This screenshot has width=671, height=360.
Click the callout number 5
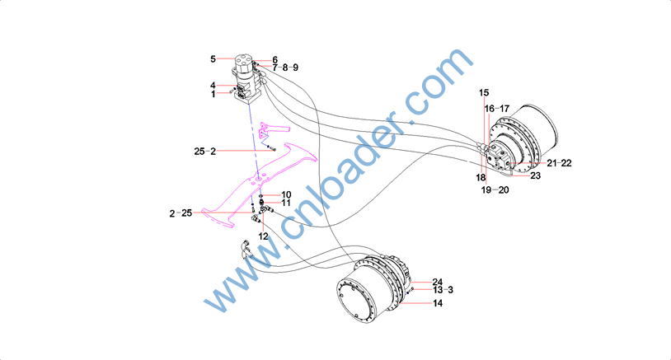pyautogui.click(x=213, y=58)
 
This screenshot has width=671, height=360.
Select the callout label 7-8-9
pyautogui.click(x=285, y=68)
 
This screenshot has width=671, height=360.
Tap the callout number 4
pyautogui.click(x=213, y=86)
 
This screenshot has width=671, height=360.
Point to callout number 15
pyautogui.click(x=484, y=93)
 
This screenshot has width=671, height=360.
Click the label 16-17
pyautogui.click(x=497, y=109)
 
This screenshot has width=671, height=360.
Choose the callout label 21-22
pyautogui.click(x=559, y=163)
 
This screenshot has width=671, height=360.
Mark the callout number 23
pyautogui.click(x=535, y=175)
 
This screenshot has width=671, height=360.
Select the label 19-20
pyautogui.click(x=495, y=189)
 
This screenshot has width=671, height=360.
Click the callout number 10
pyautogui.click(x=286, y=195)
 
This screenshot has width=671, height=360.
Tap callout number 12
pyautogui.click(x=263, y=236)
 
